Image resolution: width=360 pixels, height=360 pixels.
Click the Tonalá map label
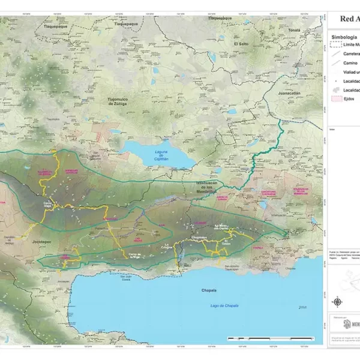(x=293, y=29)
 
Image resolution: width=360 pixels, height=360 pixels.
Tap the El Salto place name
(x=241, y=44)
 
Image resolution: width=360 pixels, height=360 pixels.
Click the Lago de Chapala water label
(x=224, y=305)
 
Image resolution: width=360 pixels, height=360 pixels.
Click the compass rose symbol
(x=338, y=302)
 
